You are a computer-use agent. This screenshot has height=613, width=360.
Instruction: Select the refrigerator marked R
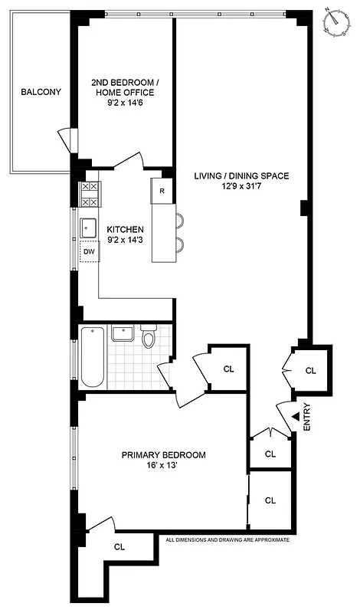click(x=162, y=192)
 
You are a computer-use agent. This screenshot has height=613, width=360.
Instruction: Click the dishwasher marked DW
click(x=89, y=251)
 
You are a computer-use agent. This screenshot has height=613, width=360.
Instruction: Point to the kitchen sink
click(x=89, y=227)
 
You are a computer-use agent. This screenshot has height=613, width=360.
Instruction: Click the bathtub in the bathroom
click(x=92, y=357)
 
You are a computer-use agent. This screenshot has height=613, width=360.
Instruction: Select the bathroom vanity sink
click(x=123, y=333)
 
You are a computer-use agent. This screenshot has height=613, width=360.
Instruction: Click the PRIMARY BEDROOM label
click(x=163, y=455)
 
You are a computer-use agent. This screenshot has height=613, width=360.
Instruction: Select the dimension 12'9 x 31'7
click(x=241, y=187)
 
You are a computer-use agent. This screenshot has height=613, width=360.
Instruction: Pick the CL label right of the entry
click(x=310, y=370)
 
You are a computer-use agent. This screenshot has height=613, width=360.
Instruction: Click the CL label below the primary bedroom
click(x=119, y=547)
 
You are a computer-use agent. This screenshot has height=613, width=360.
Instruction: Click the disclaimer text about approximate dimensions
click(x=228, y=539)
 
